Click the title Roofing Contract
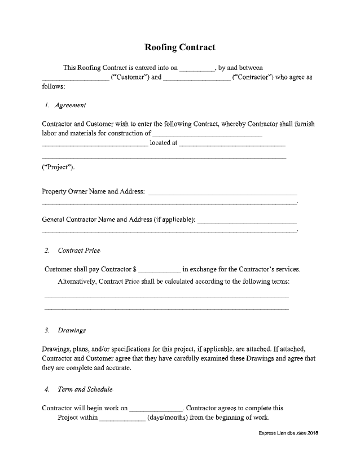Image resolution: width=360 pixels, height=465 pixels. (180, 47)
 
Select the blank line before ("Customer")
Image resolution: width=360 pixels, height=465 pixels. (76, 80)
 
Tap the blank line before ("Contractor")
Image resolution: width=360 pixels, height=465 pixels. (196, 80)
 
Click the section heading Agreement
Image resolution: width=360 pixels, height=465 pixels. (71, 105)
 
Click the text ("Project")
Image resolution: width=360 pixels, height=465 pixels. (58, 168)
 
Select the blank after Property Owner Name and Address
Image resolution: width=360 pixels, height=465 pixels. (222, 193)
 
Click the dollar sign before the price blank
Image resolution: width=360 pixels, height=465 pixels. (135, 269)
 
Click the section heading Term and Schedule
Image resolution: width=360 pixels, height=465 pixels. (85, 389)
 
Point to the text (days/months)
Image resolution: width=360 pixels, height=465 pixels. (168, 418)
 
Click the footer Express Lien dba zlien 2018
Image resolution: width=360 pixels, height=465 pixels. (288, 433)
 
